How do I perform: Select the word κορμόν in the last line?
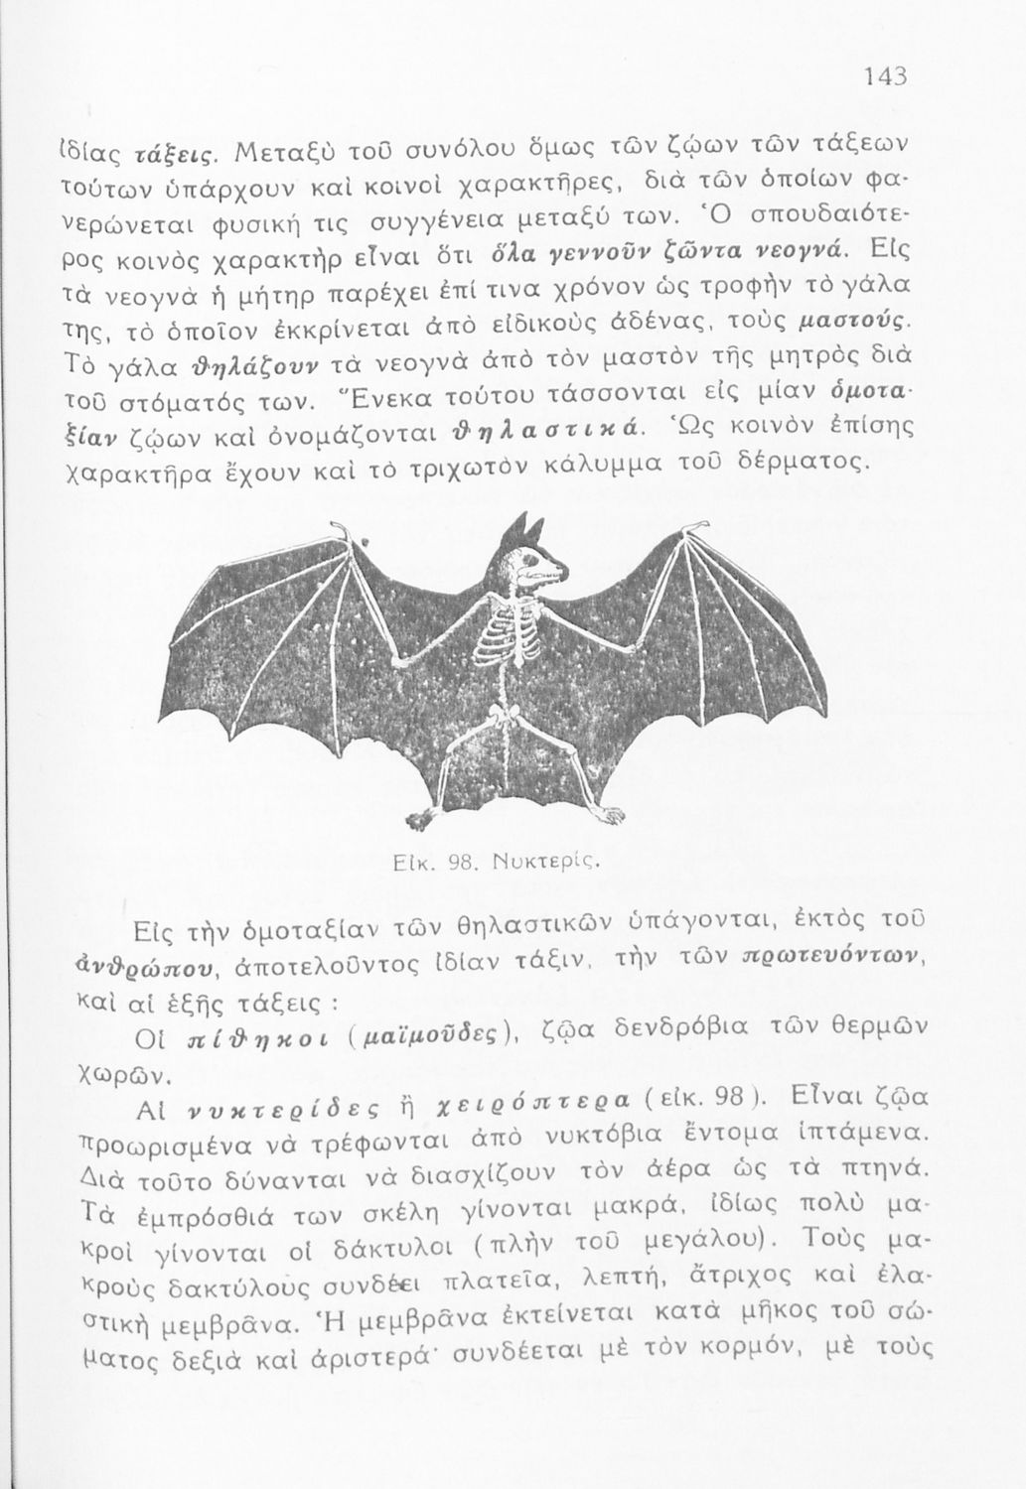[759, 1352]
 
